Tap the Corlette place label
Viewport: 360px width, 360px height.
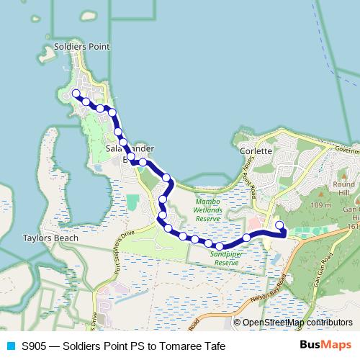256,151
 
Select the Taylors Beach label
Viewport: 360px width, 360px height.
45,236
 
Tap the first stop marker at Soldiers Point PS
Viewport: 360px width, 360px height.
76,93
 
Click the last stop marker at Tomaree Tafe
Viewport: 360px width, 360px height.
279,227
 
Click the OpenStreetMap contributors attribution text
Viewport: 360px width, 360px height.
297,323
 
